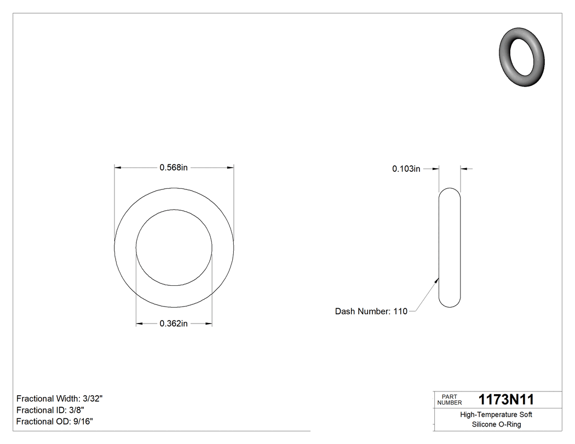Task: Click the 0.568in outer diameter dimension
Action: click(x=174, y=168)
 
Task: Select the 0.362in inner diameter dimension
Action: click(x=174, y=324)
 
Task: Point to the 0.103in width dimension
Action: click(x=406, y=169)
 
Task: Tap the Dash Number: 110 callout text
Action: click(x=371, y=312)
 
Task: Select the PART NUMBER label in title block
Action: click(x=450, y=400)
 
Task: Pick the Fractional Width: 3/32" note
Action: click(x=60, y=399)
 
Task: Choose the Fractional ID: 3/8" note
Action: click(x=50, y=410)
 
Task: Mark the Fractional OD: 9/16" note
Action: click(x=55, y=422)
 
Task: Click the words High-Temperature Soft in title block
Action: click(x=496, y=415)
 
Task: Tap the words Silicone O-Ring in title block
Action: click(x=496, y=425)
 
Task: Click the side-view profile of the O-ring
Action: click(x=450, y=247)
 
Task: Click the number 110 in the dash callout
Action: click(x=400, y=312)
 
